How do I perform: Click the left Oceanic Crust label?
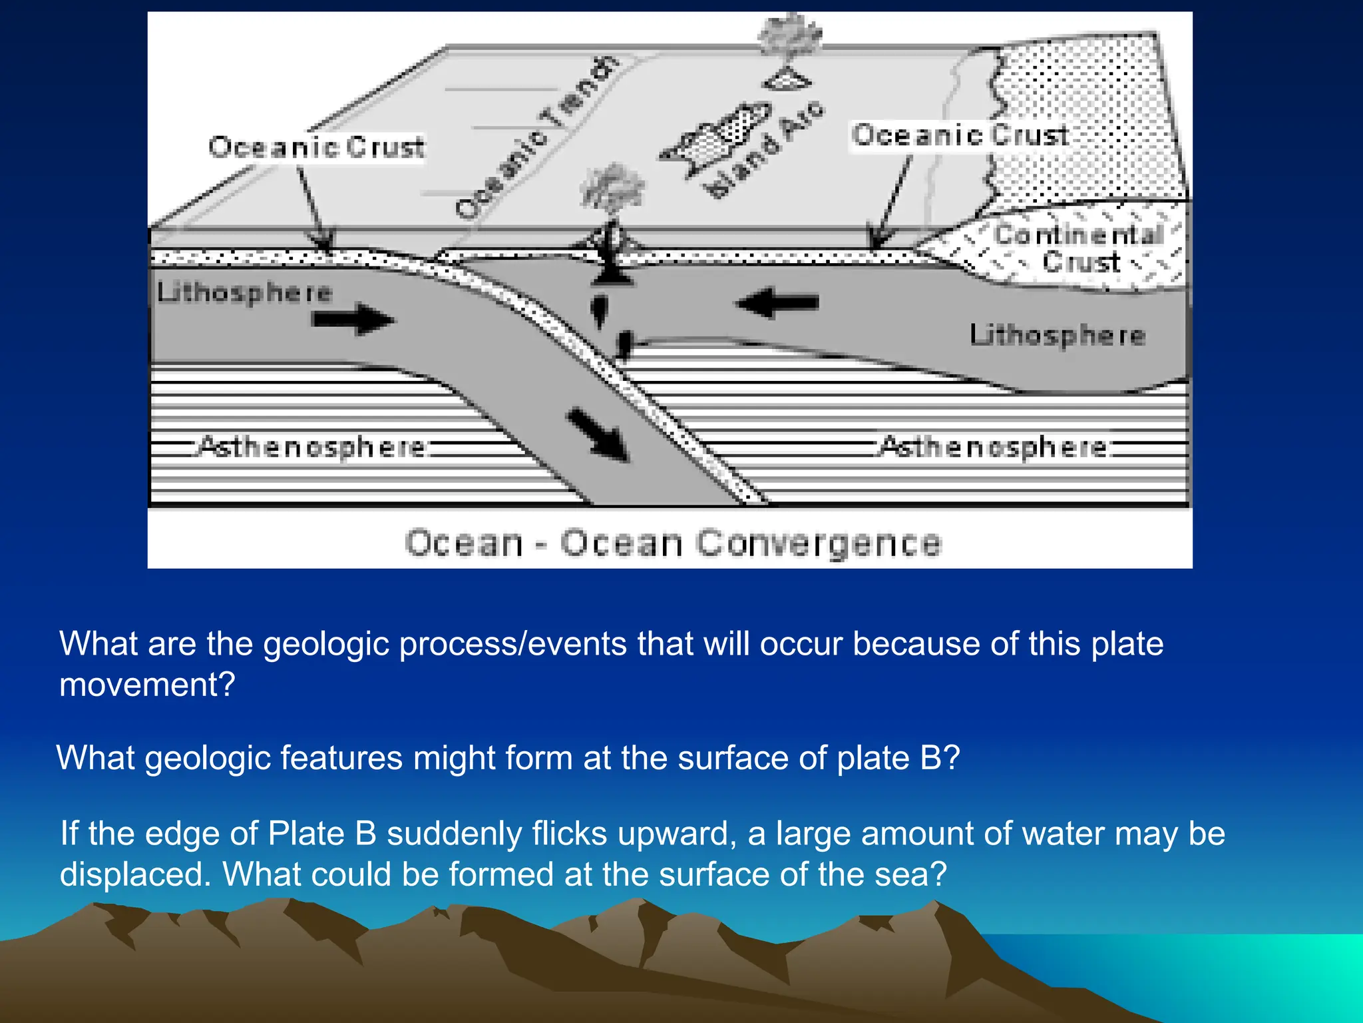pyautogui.click(x=316, y=147)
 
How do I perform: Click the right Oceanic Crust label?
pyautogui.click(x=960, y=135)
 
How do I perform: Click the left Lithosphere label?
pyautogui.click(x=244, y=292)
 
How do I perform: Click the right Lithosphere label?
pyautogui.click(x=1057, y=334)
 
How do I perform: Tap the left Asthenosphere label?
pyautogui.click(x=311, y=446)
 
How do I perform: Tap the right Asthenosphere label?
pyautogui.click(x=994, y=446)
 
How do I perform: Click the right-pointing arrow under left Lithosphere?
pyautogui.click(x=353, y=320)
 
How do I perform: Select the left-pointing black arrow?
pyautogui.click(x=777, y=303)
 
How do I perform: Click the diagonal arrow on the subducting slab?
pyautogui.click(x=597, y=434)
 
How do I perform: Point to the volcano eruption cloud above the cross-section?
pyautogui.click(x=612, y=188)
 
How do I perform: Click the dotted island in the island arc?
pyautogui.click(x=719, y=138)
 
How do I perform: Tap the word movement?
pyautogui.click(x=147, y=685)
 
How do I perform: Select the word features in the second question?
pyautogui.click(x=341, y=758)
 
